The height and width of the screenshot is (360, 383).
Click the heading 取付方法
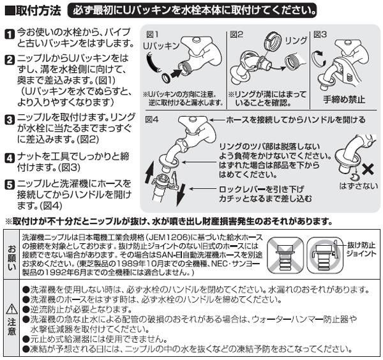(x=36, y=11)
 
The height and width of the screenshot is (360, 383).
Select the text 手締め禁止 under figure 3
(x=343, y=99)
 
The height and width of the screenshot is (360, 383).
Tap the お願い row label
(x=11, y=253)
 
